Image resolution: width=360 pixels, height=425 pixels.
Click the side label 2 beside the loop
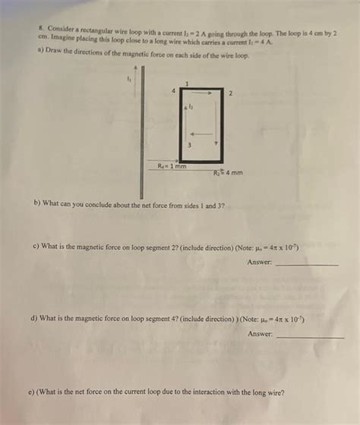point(230,95)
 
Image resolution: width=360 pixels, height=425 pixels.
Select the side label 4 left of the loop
point(172,91)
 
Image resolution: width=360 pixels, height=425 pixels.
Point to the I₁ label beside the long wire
point(128,77)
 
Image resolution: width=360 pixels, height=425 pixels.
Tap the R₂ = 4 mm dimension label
point(229,172)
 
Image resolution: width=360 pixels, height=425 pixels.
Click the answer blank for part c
point(305,263)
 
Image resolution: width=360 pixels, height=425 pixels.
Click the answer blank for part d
point(310,335)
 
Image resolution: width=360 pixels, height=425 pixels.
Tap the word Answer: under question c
point(259,262)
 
